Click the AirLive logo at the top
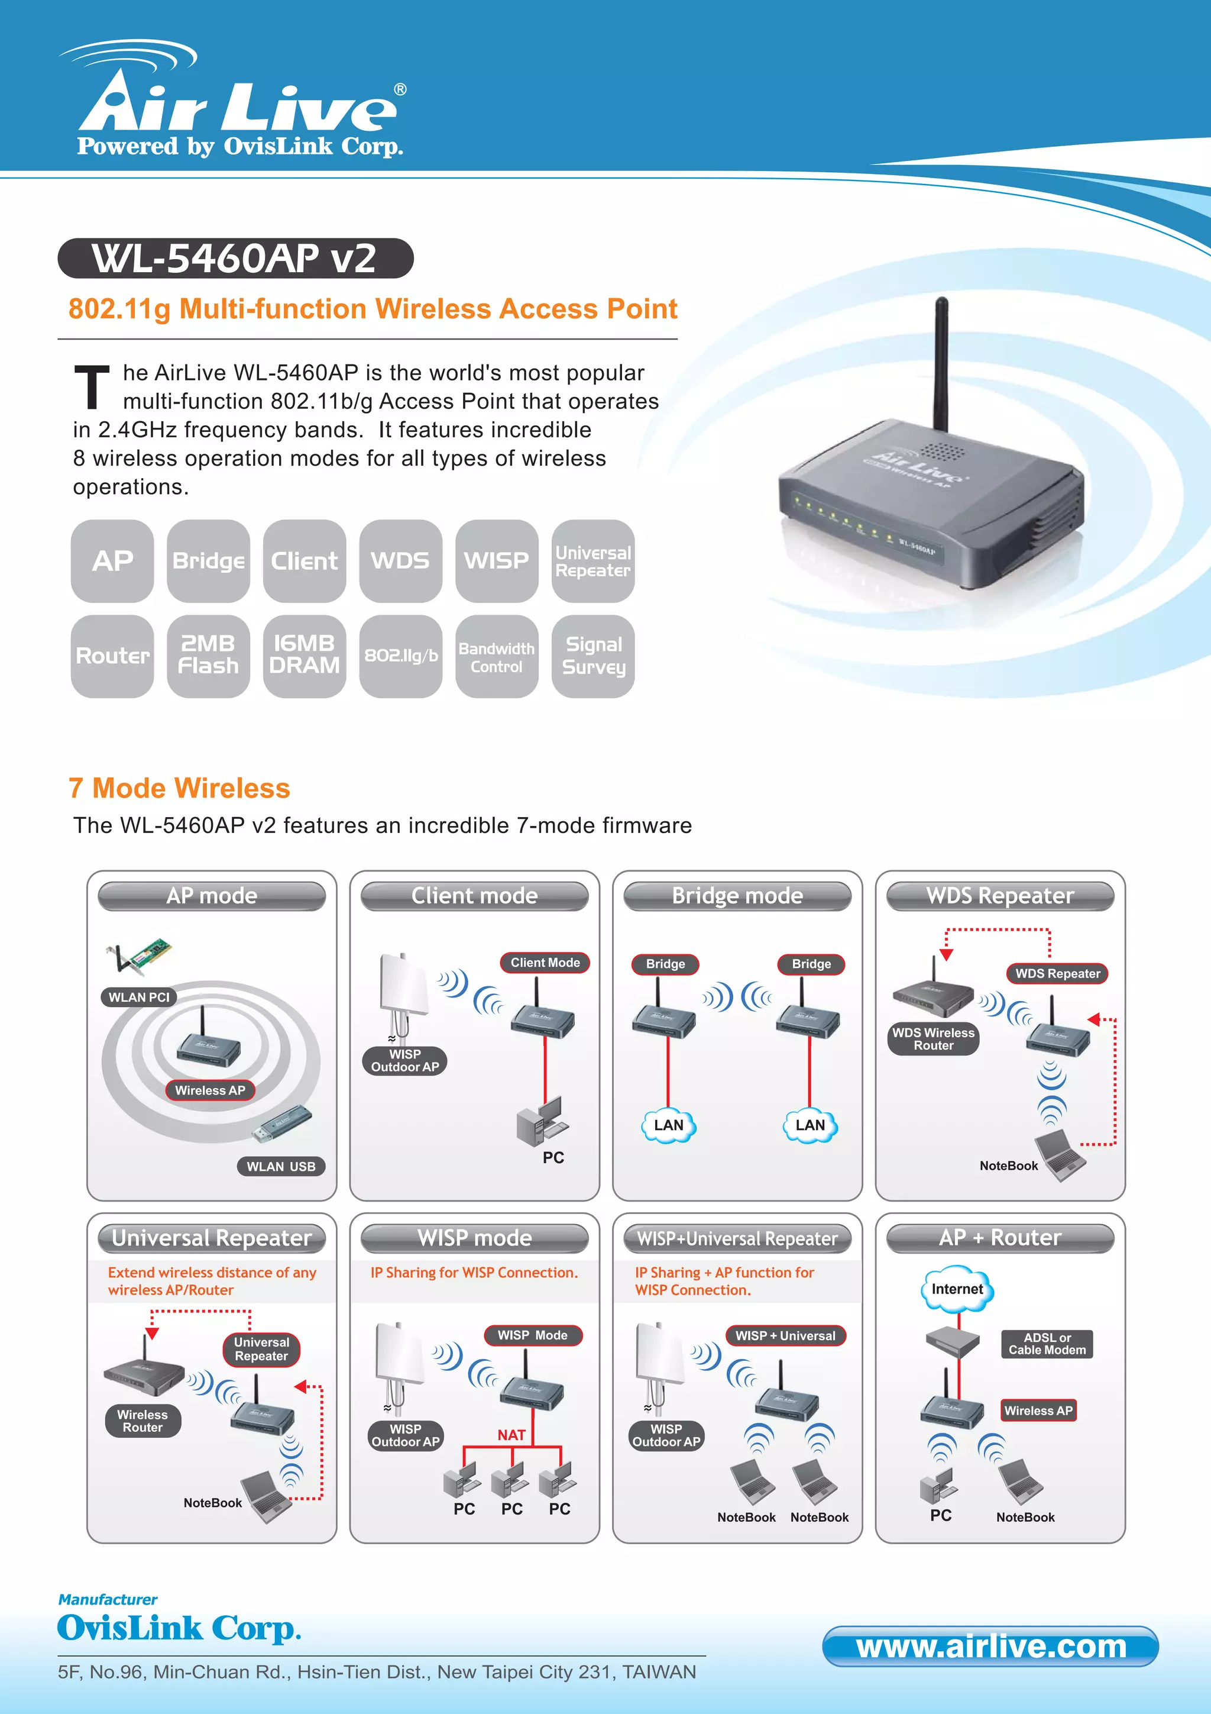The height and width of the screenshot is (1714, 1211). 239,105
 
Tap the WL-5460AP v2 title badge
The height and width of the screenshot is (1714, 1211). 235,259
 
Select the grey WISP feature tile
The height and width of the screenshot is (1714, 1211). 496,561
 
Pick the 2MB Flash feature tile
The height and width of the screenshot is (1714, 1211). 208,656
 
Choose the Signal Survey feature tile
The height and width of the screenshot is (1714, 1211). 593,656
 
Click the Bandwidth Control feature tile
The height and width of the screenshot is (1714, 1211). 496,656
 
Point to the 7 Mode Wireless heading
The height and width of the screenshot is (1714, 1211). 179,788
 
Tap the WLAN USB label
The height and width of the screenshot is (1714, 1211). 281,1166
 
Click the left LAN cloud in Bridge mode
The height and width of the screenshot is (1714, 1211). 669,1125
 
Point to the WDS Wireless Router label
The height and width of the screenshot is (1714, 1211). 934,1039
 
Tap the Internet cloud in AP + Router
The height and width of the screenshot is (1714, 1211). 957,1289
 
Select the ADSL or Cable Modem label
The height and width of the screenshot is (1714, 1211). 1047,1344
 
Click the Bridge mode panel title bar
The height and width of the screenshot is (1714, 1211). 737,896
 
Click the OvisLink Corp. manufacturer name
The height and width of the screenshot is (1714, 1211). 179,1628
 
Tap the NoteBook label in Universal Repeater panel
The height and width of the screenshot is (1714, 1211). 213,1503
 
